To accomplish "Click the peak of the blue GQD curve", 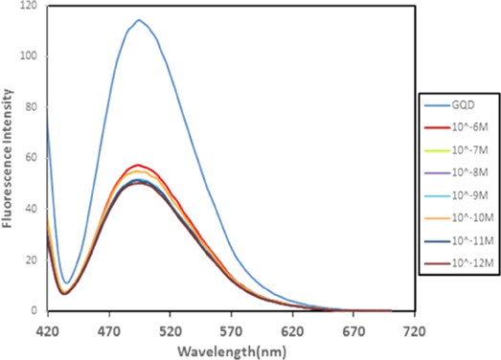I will (139, 20).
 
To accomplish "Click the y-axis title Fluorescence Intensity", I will (9, 157).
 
